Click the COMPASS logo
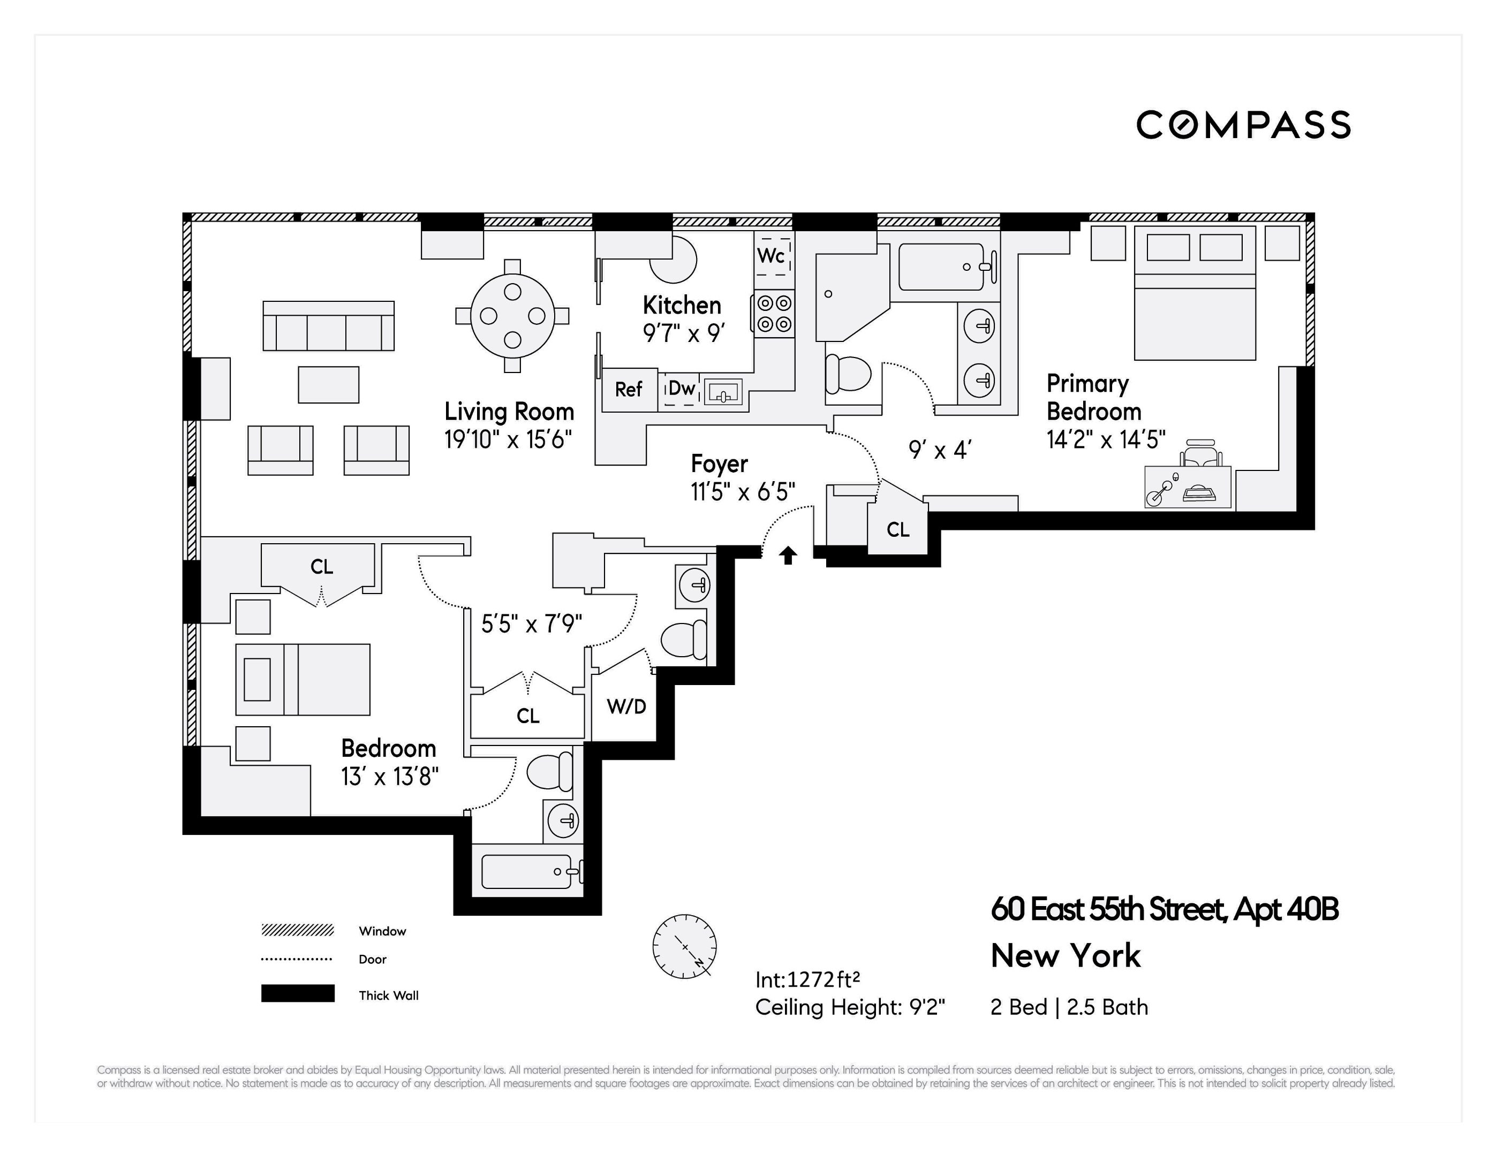[x=1243, y=125]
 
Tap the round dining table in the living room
[x=512, y=316]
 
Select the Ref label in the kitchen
[x=628, y=390]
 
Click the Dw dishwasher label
[x=682, y=389]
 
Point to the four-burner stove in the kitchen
[x=774, y=314]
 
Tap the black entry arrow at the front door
[x=788, y=554]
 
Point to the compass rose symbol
[x=684, y=946]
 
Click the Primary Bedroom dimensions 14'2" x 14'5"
[x=1106, y=439]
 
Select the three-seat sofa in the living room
[x=328, y=326]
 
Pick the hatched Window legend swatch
[x=297, y=930]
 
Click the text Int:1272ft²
[x=807, y=980]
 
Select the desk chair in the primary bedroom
[x=1200, y=453]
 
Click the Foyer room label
[x=719, y=463]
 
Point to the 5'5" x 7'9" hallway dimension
[x=532, y=624]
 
